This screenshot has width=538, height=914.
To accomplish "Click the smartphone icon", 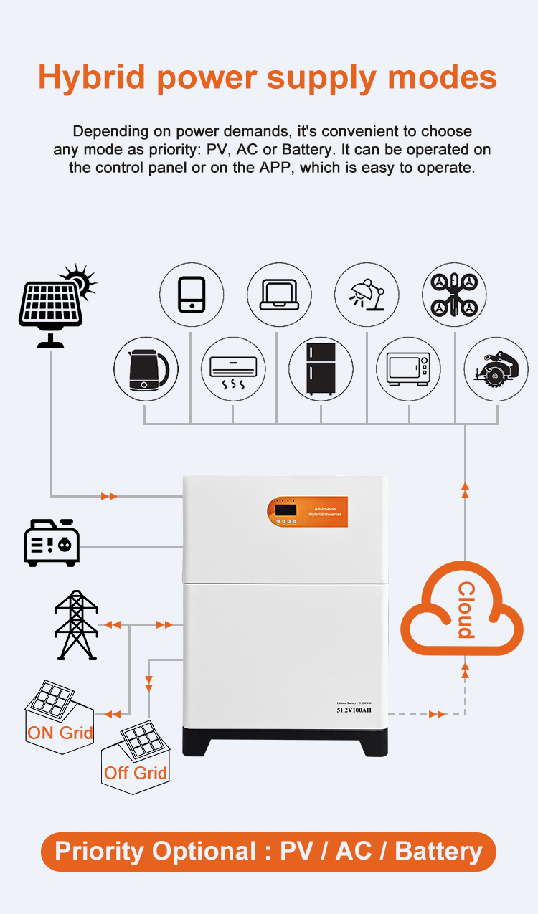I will point(191,295).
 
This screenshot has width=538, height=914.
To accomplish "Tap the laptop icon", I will point(279,295).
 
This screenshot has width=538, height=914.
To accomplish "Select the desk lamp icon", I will point(367,295).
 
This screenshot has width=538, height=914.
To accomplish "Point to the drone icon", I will point(454,295).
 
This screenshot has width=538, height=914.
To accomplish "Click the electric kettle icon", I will point(146,370).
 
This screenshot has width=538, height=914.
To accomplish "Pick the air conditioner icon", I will point(232,370).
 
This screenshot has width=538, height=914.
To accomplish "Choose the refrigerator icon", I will point(320,370).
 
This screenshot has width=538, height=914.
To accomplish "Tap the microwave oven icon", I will point(408,370).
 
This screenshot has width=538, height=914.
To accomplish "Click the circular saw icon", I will point(496,370).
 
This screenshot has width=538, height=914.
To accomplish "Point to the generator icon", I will point(52,543).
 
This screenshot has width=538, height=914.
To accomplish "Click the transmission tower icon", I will point(76,624).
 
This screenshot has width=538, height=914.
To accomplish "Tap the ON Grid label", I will point(60,733).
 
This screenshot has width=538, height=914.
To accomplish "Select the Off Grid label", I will point(136,773).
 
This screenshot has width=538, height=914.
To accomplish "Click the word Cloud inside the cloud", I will point(466,610).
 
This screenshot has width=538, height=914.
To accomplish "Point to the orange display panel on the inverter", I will point(307,511).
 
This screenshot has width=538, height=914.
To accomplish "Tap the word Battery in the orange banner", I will point(438,852).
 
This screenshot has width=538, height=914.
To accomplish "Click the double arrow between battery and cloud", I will point(436,714).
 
